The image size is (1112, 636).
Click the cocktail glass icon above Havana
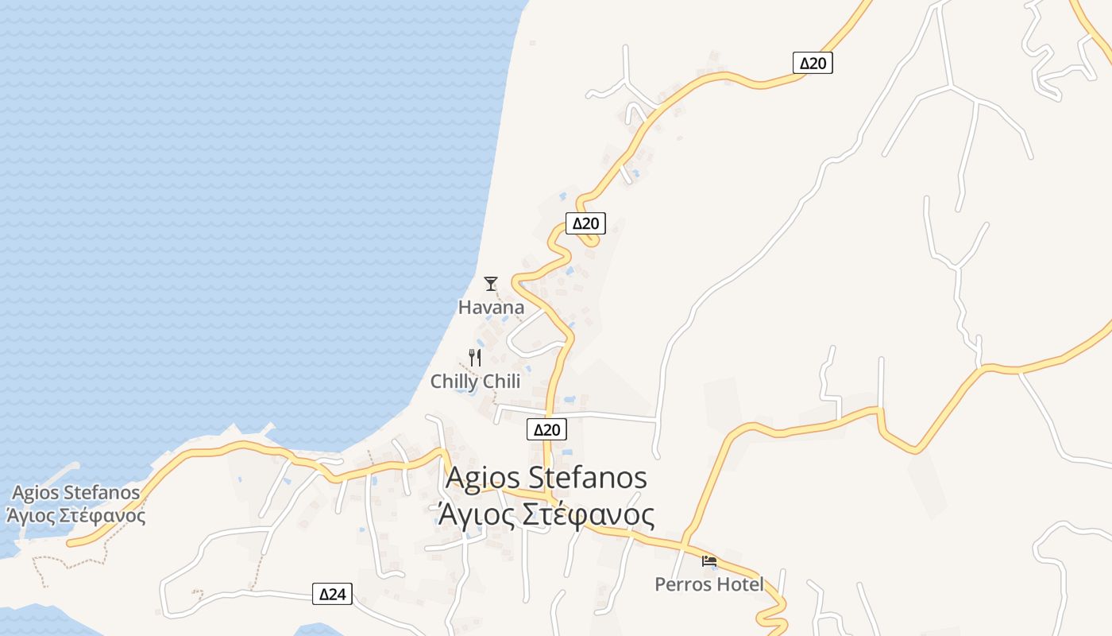[491, 283]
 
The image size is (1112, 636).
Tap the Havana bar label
[491, 308]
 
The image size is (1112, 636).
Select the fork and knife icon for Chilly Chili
[475, 358]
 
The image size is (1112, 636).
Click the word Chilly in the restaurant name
[454, 382]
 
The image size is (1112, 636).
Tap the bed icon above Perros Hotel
[709, 560]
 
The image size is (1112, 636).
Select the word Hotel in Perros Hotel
[738, 585]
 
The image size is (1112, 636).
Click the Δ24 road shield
[332, 594]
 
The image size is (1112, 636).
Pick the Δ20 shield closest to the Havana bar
[585, 224]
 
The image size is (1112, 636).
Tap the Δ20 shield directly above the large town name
[546, 430]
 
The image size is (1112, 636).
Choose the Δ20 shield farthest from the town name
[813, 64]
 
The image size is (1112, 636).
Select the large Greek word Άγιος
[475, 515]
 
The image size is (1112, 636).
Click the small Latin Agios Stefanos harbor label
[76, 493]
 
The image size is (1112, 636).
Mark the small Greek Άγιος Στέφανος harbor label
[76, 515]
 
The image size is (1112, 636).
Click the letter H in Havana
[465, 308]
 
